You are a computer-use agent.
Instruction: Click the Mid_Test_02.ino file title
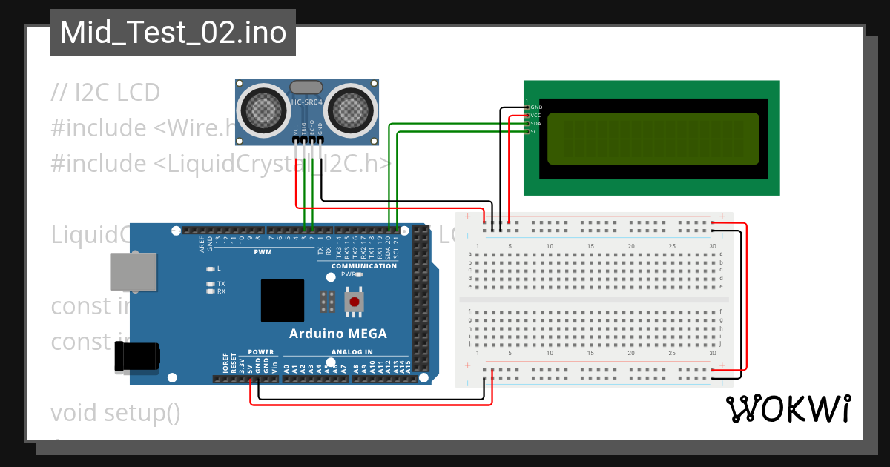click(x=173, y=33)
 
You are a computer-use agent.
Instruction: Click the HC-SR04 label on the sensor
click(x=306, y=102)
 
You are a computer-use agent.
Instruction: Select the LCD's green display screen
click(x=653, y=139)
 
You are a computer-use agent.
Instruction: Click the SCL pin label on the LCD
click(x=535, y=132)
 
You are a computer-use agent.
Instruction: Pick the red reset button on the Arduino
click(x=355, y=302)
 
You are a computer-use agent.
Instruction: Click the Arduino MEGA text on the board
click(x=337, y=333)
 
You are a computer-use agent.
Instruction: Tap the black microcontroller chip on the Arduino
click(x=282, y=300)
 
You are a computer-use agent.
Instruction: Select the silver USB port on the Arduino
click(x=133, y=271)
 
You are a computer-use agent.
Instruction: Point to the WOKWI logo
click(x=788, y=408)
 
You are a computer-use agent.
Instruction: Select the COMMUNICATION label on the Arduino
click(x=363, y=266)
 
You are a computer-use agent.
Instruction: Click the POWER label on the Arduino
click(x=260, y=352)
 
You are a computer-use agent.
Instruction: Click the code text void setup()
click(x=116, y=412)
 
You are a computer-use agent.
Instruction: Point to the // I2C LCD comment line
click(x=105, y=93)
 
